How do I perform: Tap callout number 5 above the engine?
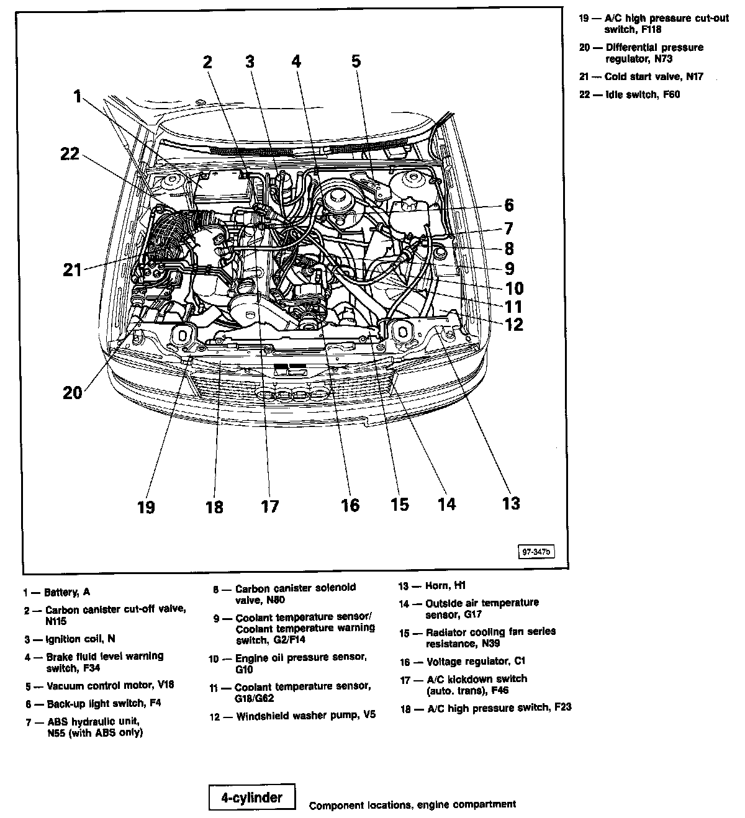pyautogui.click(x=355, y=61)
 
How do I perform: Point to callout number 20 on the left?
pyautogui.click(x=72, y=392)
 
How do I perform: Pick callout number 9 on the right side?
pyautogui.click(x=509, y=268)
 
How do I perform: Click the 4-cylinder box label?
pyautogui.click(x=251, y=798)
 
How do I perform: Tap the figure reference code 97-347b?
pyautogui.click(x=537, y=551)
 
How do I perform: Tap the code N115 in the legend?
pyautogui.click(x=56, y=621)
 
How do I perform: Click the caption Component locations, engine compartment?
pyautogui.click(x=412, y=805)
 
